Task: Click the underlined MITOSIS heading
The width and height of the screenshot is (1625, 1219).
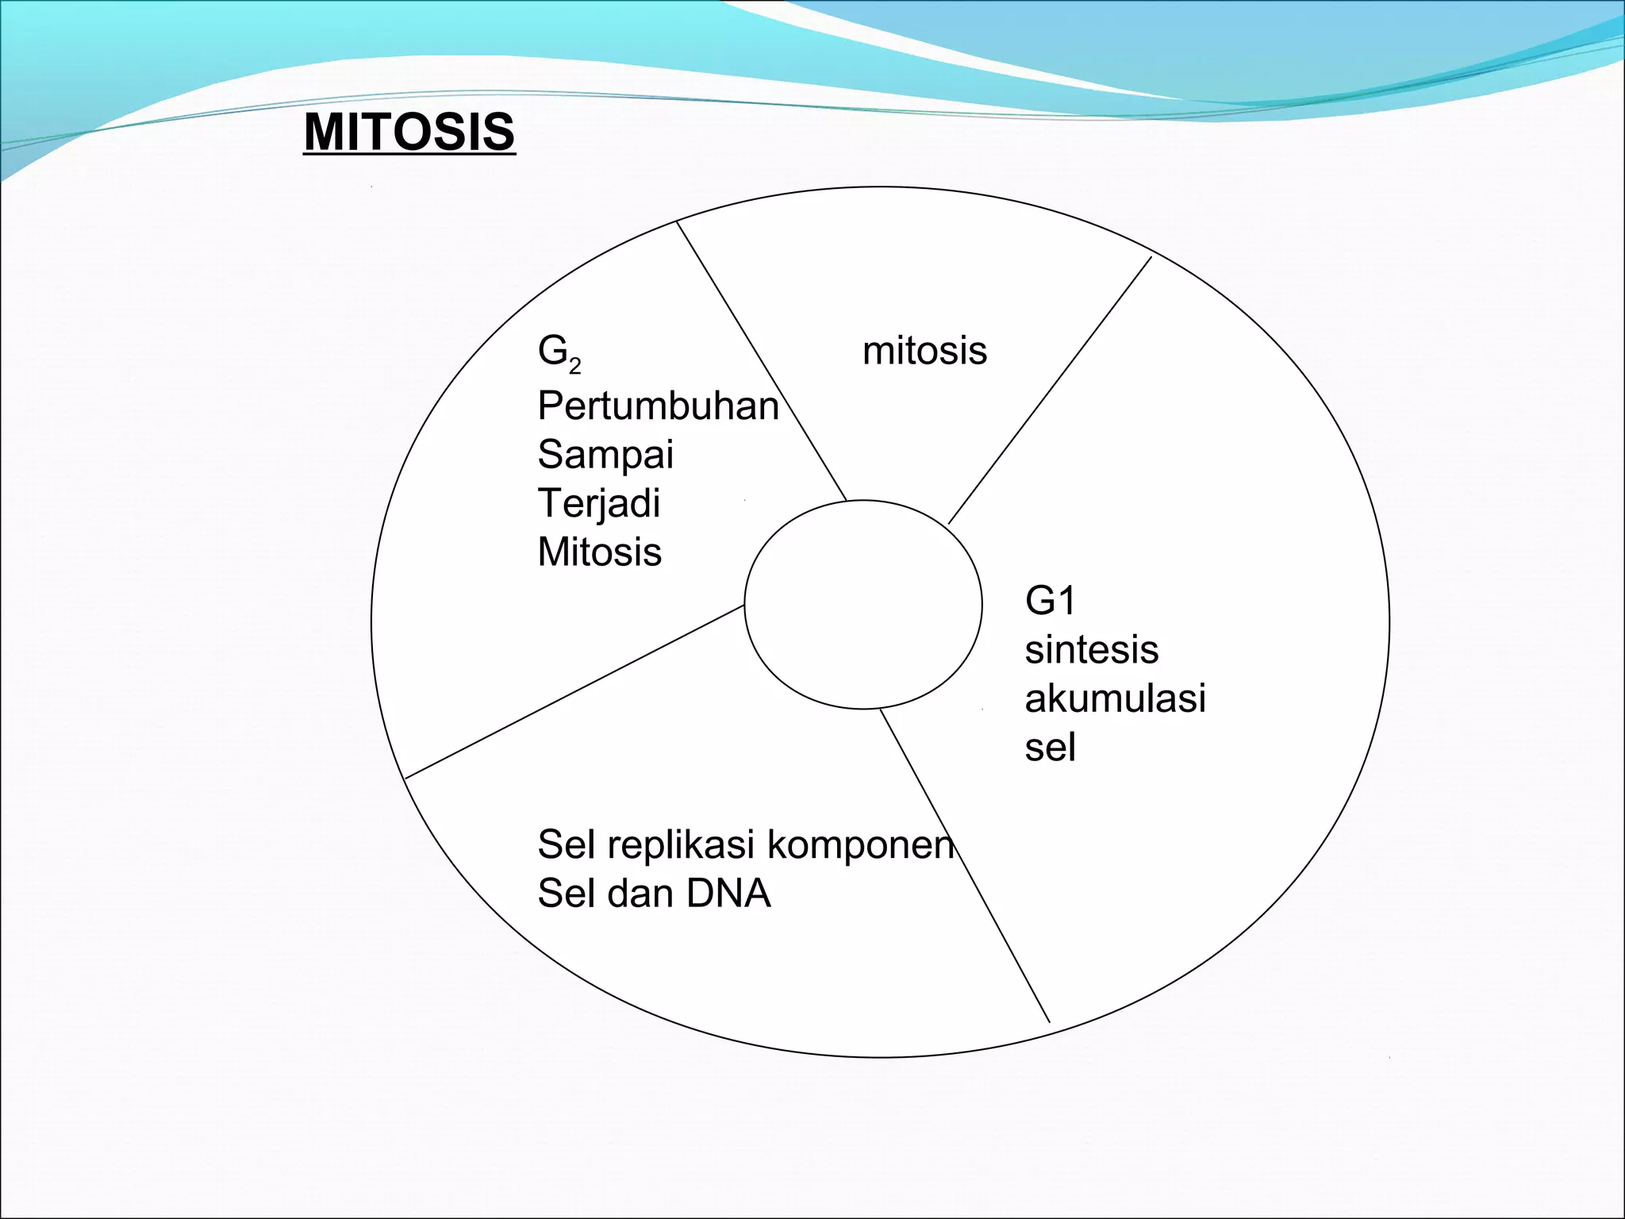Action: pyautogui.click(x=409, y=132)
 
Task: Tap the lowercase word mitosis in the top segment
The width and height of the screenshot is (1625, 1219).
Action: pyautogui.click(x=924, y=351)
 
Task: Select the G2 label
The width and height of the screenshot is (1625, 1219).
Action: pyautogui.click(x=558, y=352)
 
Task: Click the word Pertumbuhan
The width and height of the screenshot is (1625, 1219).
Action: pyautogui.click(x=658, y=406)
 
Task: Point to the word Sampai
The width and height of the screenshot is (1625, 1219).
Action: pyautogui.click(x=605, y=456)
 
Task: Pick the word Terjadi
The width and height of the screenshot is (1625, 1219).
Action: pyautogui.click(x=598, y=504)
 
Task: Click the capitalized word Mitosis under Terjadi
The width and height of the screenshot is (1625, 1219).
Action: pyautogui.click(x=599, y=552)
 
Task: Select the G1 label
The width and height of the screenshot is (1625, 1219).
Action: pyautogui.click(x=1050, y=601)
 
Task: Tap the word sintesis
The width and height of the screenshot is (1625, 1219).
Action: pyautogui.click(x=1091, y=650)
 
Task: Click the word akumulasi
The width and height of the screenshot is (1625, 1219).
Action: pyautogui.click(x=1115, y=698)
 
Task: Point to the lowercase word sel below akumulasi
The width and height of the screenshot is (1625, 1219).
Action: pyautogui.click(x=1050, y=748)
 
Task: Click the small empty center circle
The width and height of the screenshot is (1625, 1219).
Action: pyautogui.click(x=863, y=605)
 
